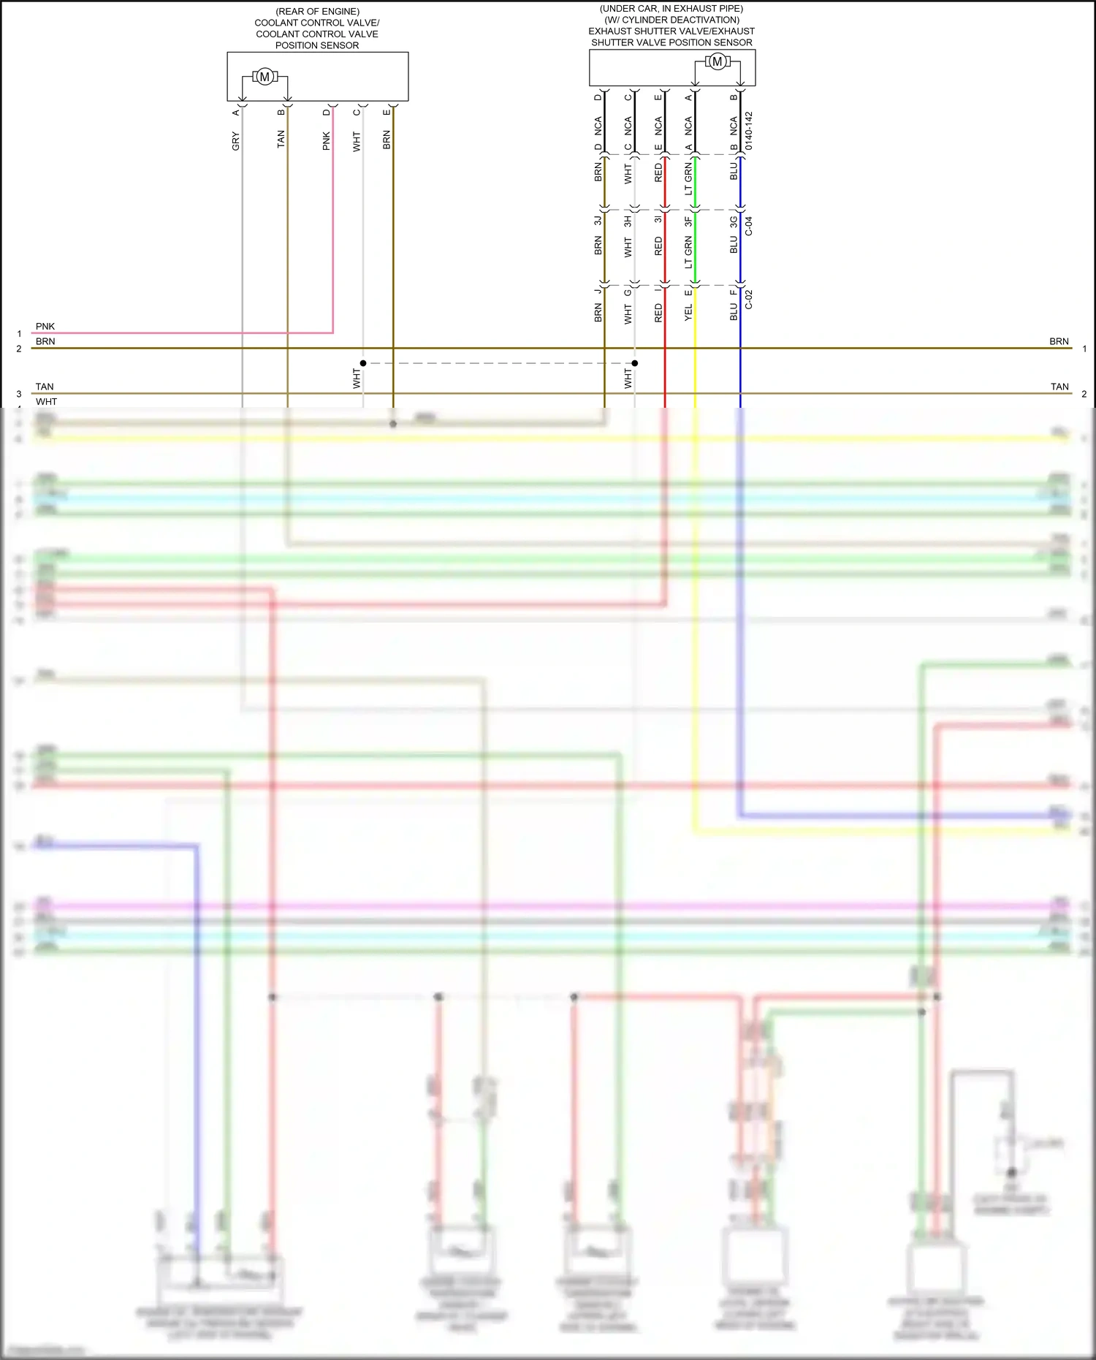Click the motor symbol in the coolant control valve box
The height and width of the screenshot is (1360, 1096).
(x=265, y=77)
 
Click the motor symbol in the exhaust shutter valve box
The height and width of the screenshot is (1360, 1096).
(x=717, y=62)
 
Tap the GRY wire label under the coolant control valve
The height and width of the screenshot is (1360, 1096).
(x=235, y=141)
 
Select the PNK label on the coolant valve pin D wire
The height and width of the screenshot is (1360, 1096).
(x=326, y=141)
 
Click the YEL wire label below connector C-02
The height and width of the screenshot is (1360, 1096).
(x=688, y=313)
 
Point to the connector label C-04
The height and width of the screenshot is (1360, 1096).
(x=748, y=226)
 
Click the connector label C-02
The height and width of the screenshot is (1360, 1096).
(x=748, y=300)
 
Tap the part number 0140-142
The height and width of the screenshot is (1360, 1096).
(x=748, y=132)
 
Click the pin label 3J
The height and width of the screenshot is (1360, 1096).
(x=598, y=220)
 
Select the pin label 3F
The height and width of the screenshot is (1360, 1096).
(x=688, y=220)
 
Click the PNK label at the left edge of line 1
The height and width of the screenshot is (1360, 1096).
(x=45, y=327)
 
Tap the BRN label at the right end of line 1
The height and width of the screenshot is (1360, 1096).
(x=1059, y=341)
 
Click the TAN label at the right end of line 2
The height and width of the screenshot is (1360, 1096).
(x=1059, y=387)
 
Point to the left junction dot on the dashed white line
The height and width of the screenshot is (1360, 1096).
(x=363, y=363)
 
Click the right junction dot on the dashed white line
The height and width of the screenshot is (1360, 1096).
(x=635, y=363)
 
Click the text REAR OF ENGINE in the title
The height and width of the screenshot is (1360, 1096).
(x=317, y=12)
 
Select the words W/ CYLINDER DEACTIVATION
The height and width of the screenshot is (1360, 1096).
(x=671, y=20)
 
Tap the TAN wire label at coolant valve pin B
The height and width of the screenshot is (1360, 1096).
(x=281, y=140)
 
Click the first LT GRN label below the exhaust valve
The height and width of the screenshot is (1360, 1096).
(x=688, y=179)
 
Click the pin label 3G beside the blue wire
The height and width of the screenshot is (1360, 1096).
(x=734, y=221)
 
